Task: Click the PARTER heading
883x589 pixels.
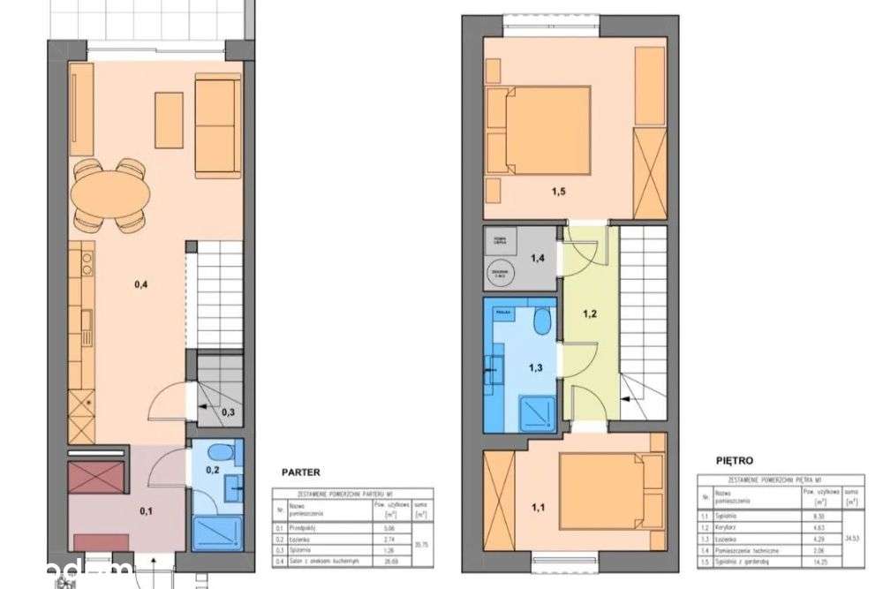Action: [x=300, y=472]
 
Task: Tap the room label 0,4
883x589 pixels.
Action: [x=140, y=284]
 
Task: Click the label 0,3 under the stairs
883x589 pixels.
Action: [x=228, y=412]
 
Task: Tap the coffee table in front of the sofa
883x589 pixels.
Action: [x=169, y=119]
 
